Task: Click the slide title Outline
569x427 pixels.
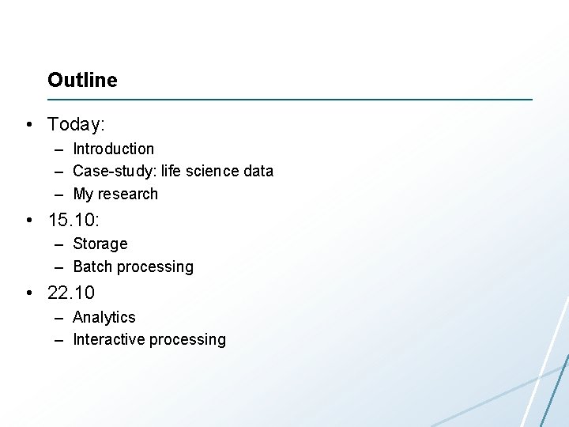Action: [x=82, y=80]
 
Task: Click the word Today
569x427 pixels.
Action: [x=74, y=124]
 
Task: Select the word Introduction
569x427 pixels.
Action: [x=113, y=149]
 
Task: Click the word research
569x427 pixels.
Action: [x=127, y=194]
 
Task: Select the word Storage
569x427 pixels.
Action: [x=100, y=244]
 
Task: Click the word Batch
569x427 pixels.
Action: [x=92, y=266]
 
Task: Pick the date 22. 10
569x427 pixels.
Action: [x=71, y=293]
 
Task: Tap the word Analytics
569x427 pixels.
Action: [x=104, y=317]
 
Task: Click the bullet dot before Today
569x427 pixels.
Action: [x=28, y=125]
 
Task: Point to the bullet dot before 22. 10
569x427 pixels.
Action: [x=28, y=293]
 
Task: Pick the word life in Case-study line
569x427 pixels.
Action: [x=171, y=171]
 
